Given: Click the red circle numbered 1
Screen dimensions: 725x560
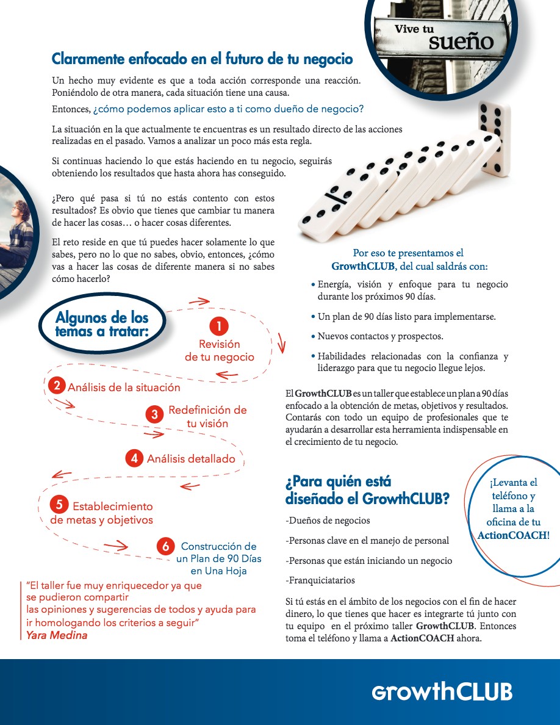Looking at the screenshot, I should point(218,326).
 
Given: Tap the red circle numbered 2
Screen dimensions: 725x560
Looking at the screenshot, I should point(57,386).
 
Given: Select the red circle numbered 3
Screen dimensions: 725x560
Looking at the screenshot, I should point(155,414).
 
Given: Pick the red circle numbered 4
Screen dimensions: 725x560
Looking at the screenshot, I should point(134,458).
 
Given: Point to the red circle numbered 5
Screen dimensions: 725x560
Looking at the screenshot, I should point(59,505).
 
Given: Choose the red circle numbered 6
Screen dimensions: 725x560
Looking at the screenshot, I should point(165,546).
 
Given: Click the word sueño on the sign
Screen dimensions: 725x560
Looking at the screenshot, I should point(461,41).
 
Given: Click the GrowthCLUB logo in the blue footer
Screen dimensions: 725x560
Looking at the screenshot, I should point(442,691).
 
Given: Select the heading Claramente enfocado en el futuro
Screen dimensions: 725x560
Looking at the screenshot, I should point(202,59).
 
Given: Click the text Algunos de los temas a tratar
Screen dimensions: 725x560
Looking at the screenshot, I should point(102,324).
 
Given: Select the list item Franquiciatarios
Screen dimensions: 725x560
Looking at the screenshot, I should point(320,580).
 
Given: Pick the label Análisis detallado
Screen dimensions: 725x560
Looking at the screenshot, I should point(191,459).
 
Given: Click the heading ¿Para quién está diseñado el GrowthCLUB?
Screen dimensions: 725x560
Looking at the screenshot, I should point(367,491).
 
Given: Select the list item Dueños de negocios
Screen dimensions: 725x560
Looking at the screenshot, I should point(328,521).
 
